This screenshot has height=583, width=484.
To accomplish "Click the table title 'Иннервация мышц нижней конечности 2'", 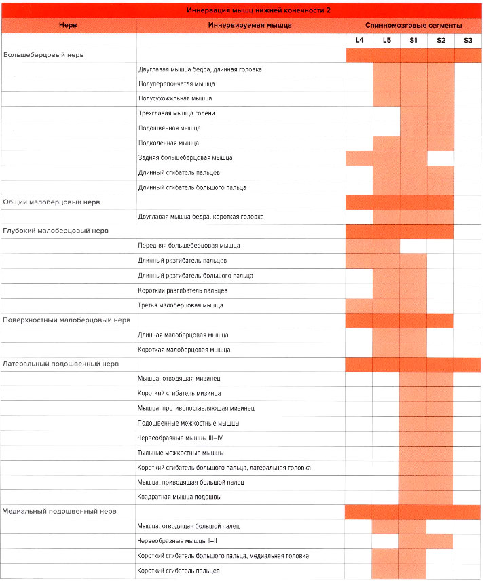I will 241,10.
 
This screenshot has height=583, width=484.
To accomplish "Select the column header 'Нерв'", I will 67,25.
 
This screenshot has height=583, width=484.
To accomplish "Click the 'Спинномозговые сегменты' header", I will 413,25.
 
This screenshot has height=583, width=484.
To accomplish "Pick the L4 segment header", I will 360,41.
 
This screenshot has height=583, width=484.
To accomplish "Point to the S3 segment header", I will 468,41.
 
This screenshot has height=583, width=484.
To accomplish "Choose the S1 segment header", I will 413,41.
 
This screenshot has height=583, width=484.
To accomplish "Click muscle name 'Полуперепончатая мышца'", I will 176,83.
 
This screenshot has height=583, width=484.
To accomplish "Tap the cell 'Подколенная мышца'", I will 168,143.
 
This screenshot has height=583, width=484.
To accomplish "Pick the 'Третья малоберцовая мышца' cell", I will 180,305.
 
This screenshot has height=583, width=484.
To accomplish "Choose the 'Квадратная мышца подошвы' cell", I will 179,496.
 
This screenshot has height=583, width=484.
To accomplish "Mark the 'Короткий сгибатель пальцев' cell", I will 178,570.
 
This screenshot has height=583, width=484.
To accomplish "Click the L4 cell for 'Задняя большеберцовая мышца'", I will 359,157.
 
